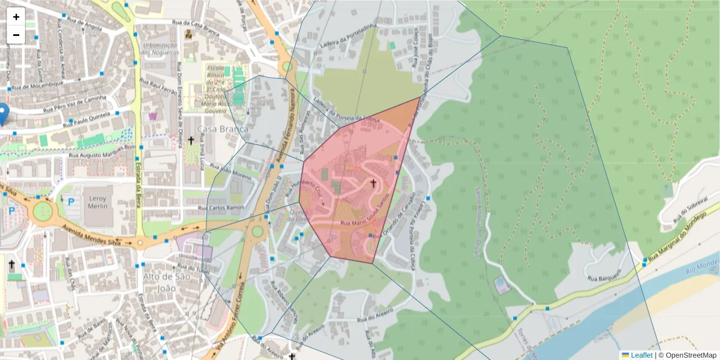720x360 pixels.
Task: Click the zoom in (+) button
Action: click(x=16, y=17)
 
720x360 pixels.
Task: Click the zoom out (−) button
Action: click(x=16, y=35)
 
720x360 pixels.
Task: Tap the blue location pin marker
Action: click(x=4, y=113)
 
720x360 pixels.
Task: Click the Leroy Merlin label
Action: click(x=97, y=202)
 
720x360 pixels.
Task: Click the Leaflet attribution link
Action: click(x=641, y=355)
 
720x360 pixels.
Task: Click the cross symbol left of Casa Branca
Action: click(x=191, y=140)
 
